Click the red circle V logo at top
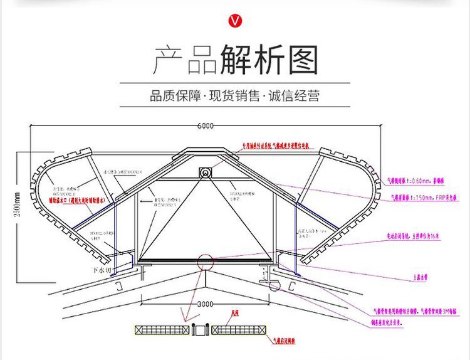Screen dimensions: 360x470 click(235, 21)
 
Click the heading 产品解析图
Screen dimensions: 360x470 click(236, 61)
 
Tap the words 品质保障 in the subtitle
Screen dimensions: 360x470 click(175, 97)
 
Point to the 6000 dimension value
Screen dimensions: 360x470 click(205, 125)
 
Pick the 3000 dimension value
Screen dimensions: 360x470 click(206, 304)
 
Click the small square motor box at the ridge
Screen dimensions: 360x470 click(205, 172)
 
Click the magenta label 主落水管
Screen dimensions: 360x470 click(419, 274)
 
